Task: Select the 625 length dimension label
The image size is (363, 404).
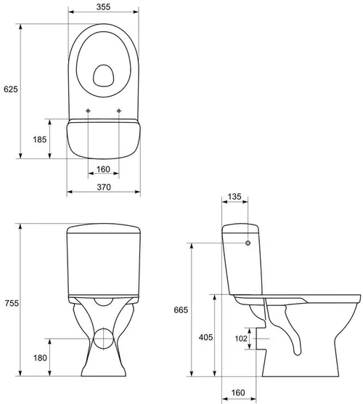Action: point(10,89)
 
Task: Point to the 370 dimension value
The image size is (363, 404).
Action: point(103,187)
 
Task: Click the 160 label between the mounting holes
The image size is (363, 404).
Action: point(103,169)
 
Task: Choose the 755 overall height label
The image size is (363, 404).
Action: point(10,303)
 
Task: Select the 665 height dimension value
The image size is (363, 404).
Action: point(181,310)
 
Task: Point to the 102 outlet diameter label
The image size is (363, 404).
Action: point(240,337)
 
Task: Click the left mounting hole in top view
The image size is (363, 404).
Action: point(89,111)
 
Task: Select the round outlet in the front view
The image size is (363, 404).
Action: point(103,338)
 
